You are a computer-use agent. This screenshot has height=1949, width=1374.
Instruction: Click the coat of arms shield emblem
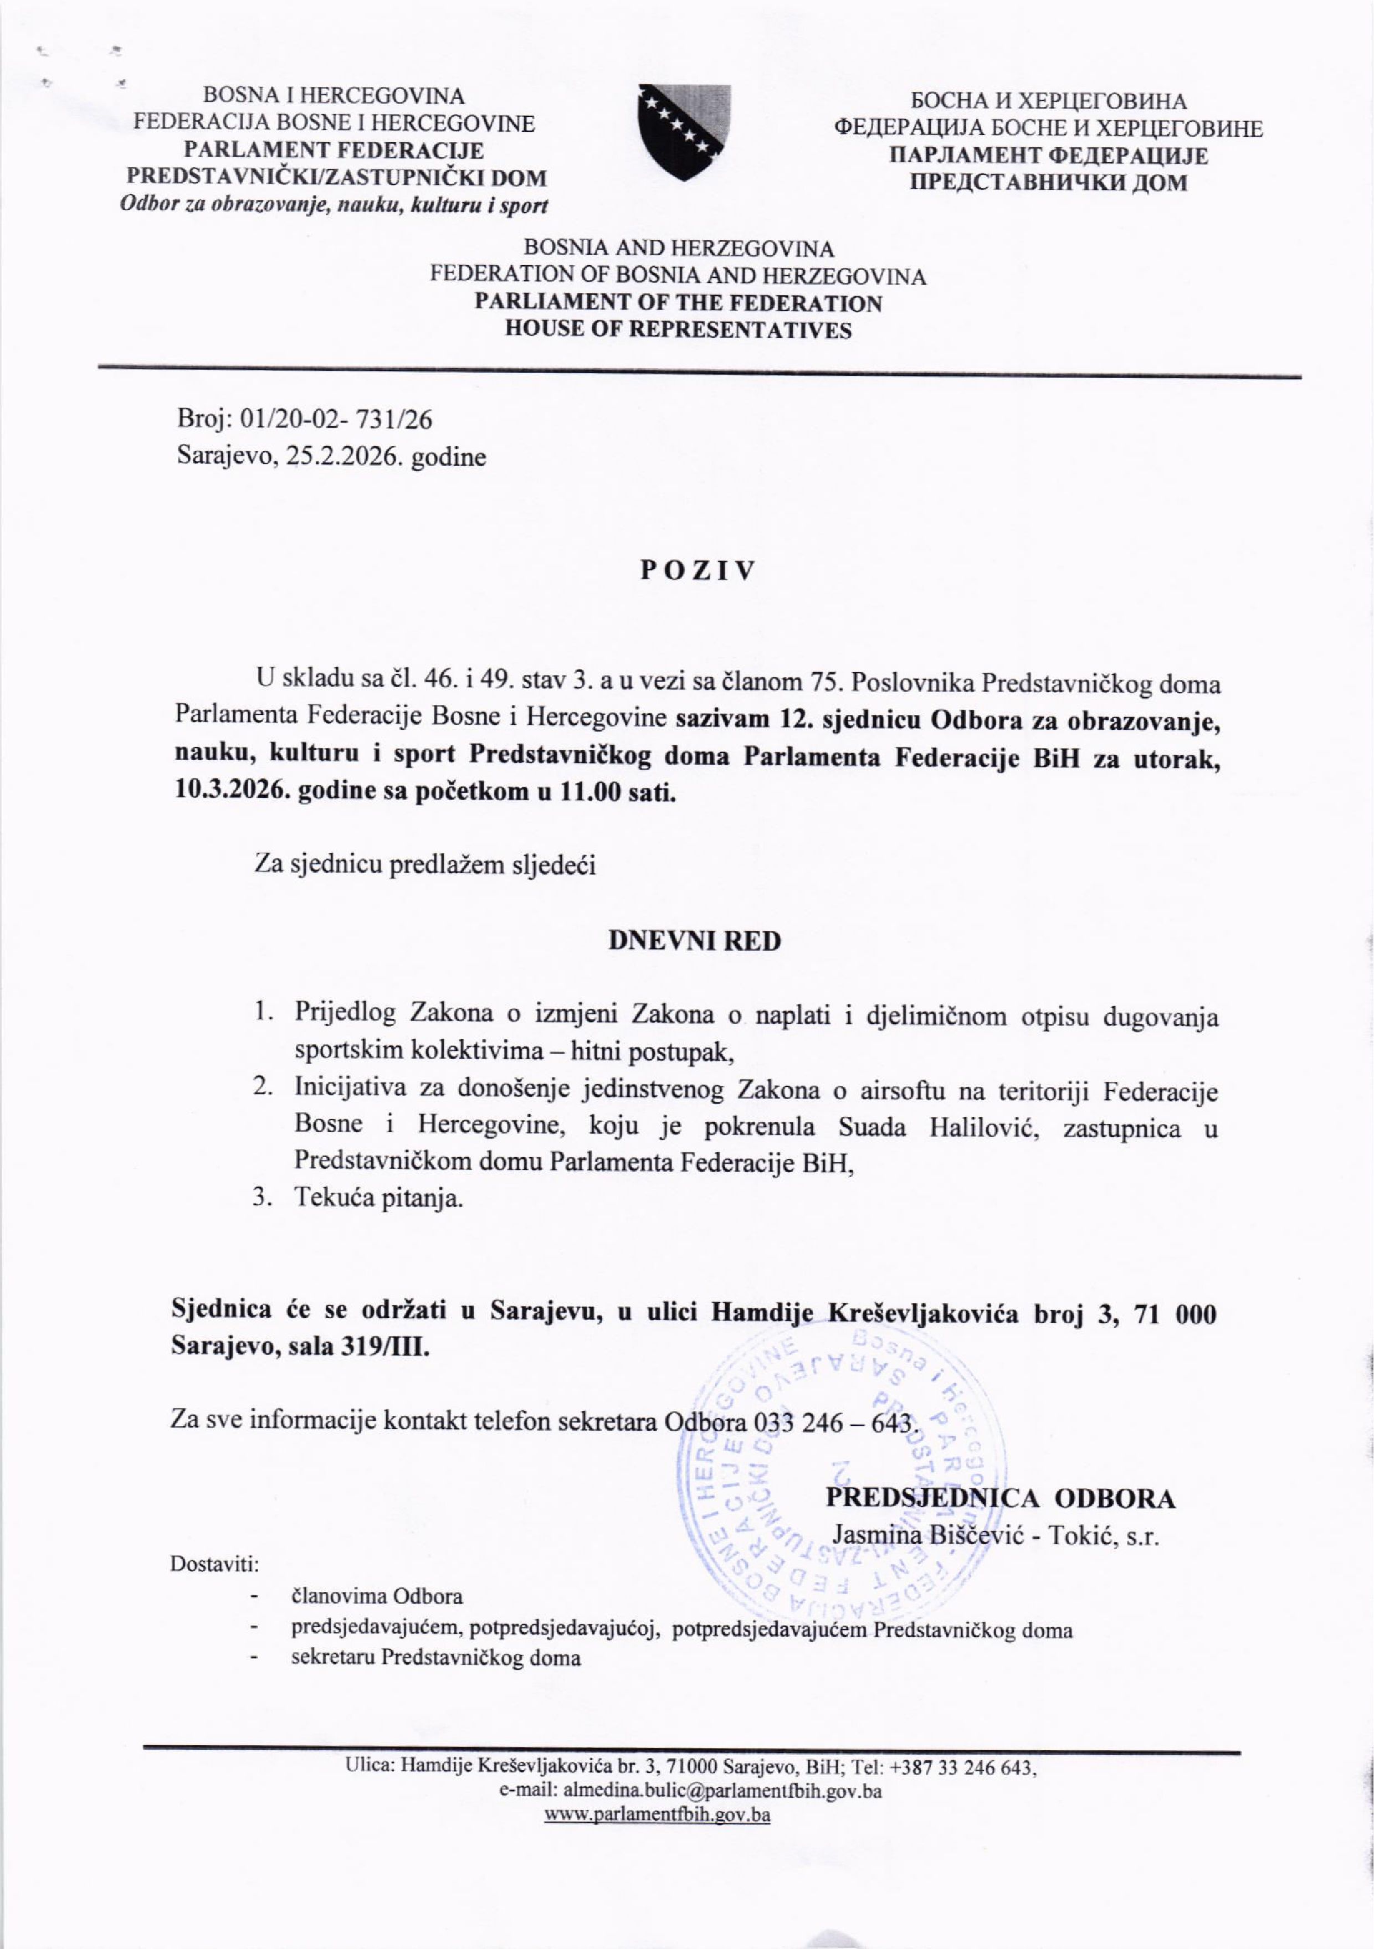pyautogui.click(x=684, y=132)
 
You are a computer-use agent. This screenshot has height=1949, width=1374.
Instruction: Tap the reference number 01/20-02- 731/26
pyautogui.click(x=337, y=419)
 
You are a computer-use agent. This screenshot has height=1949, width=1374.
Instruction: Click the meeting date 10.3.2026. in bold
pyautogui.click(x=231, y=793)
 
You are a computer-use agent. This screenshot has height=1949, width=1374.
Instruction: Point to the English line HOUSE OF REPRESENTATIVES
pyautogui.click(x=678, y=330)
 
